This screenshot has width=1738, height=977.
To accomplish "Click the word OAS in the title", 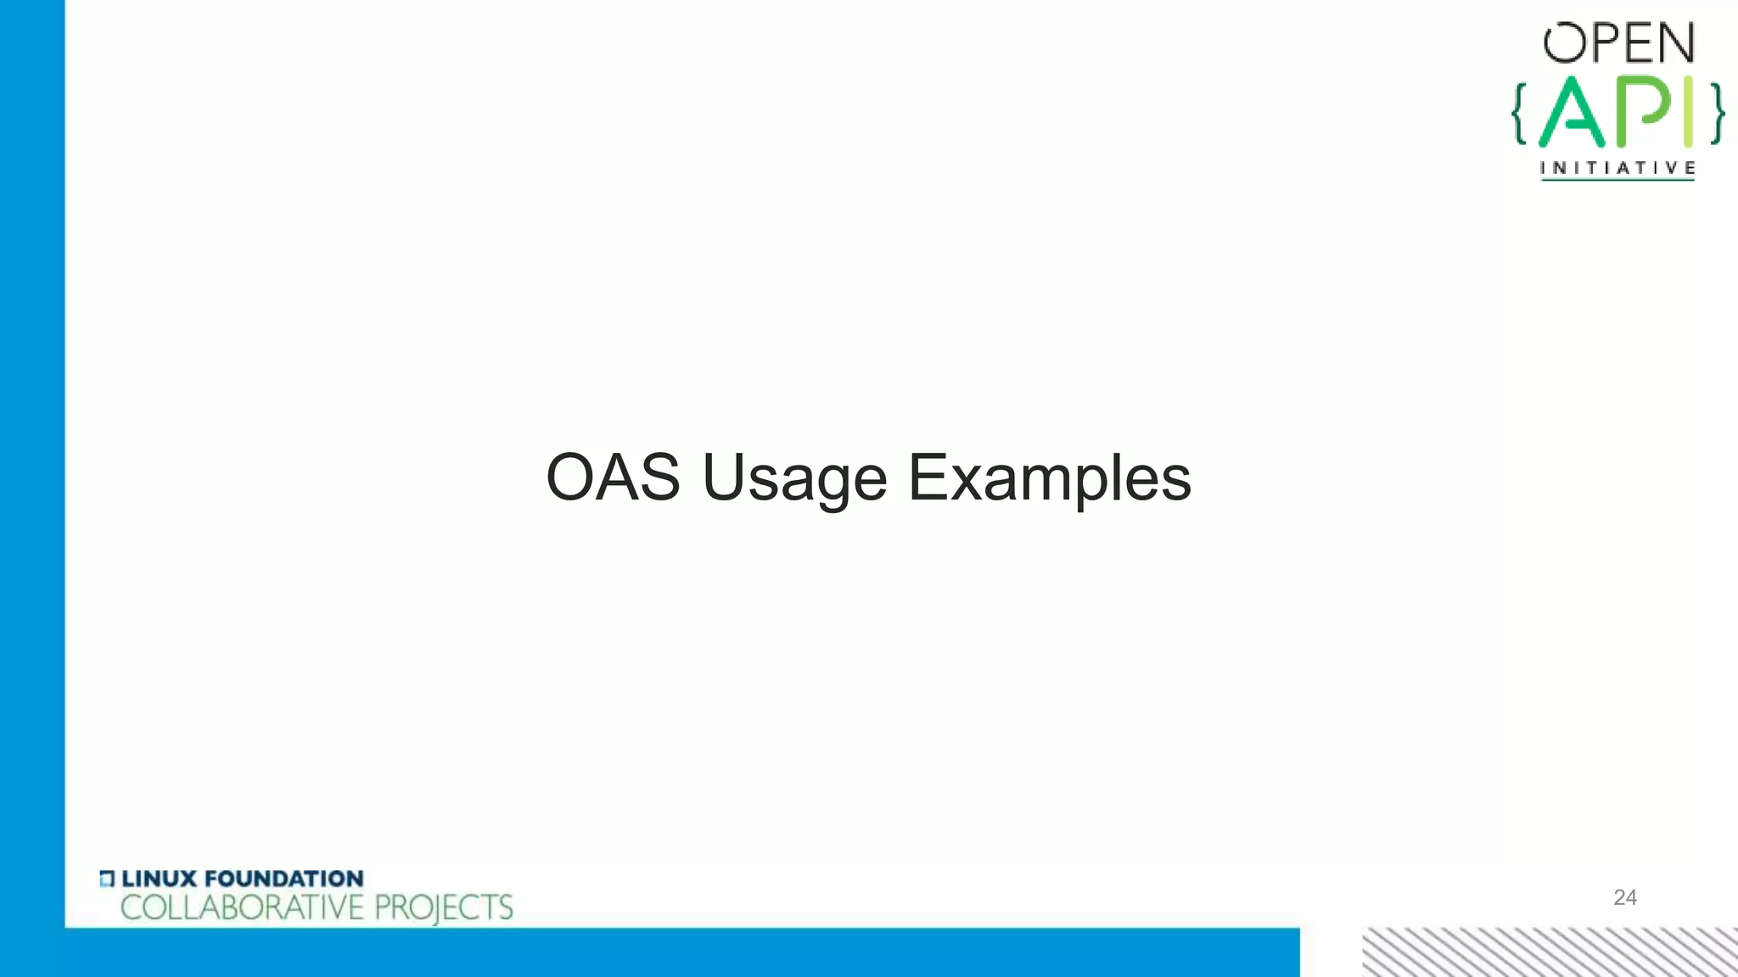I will click(x=613, y=477).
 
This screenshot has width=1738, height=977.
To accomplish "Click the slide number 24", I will click(x=1624, y=897).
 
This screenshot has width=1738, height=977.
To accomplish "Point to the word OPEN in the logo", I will click(x=1618, y=43).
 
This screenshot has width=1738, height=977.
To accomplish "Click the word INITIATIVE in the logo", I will click(x=1617, y=167).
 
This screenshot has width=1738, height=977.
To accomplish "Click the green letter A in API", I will click(x=1572, y=113).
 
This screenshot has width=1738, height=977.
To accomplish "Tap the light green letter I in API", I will click(x=1688, y=111).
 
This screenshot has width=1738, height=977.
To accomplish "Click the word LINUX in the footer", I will click(x=159, y=879).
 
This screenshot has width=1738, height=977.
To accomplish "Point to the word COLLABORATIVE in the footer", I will click(x=242, y=907).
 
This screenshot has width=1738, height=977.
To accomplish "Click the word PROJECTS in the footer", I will click(x=443, y=908).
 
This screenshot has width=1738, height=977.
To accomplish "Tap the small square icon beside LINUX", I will click(x=106, y=879).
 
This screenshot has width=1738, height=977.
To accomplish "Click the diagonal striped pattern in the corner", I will click(x=1550, y=952).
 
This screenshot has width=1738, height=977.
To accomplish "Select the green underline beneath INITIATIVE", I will click(x=1617, y=179).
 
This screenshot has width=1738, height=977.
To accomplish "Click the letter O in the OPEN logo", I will click(x=1564, y=43).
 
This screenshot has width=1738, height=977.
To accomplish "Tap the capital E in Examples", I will click(x=927, y=477).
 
